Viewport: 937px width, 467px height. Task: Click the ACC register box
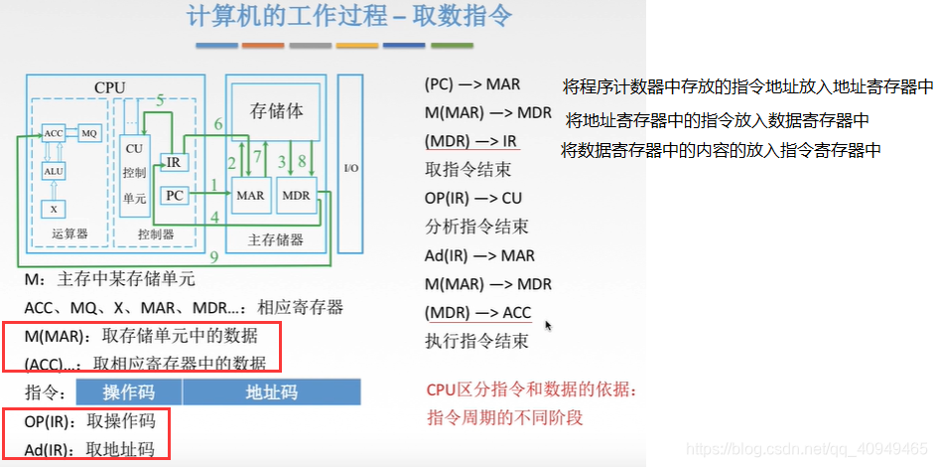(53, 132)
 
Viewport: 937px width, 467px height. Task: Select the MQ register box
(89, 132)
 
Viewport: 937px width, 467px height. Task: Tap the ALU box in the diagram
(54, 171)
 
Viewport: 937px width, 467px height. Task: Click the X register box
(54, 209)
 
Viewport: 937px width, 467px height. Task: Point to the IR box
(174, 162)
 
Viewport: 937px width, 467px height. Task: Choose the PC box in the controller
(174, 196)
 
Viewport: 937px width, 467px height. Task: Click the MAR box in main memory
(250, 196)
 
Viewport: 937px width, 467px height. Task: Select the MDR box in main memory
(296, 196)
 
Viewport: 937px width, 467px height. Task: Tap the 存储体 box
(277, 111)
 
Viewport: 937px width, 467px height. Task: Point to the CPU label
(110, 87)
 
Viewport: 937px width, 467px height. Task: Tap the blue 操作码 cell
(129, 391)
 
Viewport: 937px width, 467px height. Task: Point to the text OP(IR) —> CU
(473, 198)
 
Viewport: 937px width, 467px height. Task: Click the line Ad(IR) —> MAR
(479, 255)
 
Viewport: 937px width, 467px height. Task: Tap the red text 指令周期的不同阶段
(504, 417)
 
